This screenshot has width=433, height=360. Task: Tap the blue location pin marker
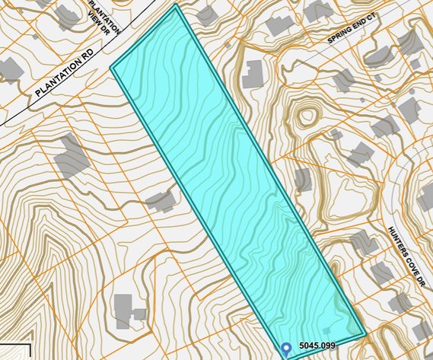(x=286, y=349)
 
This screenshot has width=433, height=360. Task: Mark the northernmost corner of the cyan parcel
(x=177, y=5)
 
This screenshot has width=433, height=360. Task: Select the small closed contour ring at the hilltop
(x=307, y=116)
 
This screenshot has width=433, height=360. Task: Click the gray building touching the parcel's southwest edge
(x=161, y=201)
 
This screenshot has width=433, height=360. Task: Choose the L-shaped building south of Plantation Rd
(x=71, y=155)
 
